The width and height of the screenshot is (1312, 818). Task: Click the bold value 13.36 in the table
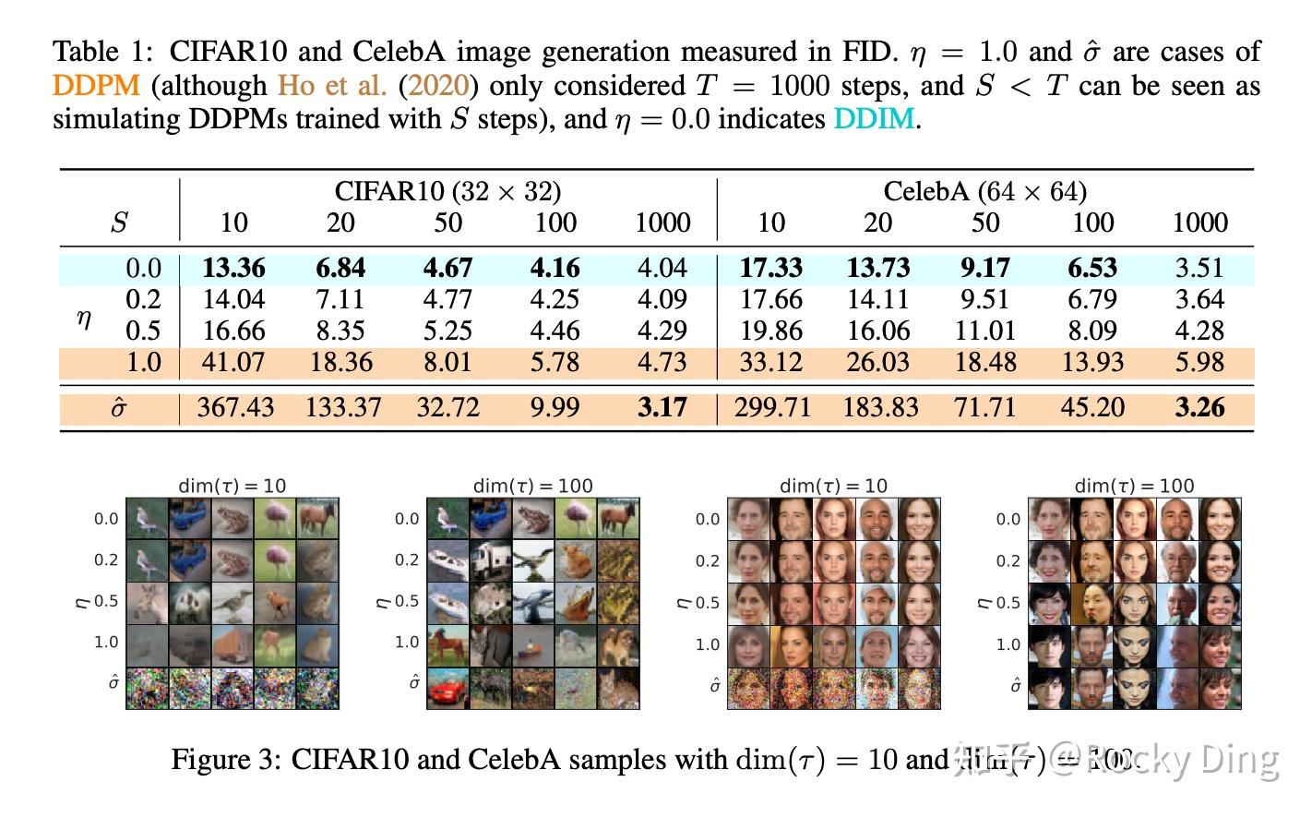coord(233,268)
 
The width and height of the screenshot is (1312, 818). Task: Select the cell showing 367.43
coord(235,407)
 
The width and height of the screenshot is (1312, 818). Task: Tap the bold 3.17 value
coord(662,407)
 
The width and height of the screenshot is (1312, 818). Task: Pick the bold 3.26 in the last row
coord(1199,407)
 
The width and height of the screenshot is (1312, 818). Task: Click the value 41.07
coord(233,362)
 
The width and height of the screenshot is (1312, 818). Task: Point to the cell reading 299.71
coord(772,407)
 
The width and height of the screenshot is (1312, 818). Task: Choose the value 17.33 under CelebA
coord(771,268)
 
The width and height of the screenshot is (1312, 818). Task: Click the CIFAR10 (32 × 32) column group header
coord(447,191)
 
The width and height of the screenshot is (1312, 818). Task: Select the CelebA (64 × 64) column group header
coord(984,191)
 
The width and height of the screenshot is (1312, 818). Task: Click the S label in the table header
coord(119,223)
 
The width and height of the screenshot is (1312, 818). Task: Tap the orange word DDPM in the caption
coord(96,86)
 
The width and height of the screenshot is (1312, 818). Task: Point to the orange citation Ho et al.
coord(332,86)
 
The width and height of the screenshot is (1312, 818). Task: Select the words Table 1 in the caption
coord(103,52)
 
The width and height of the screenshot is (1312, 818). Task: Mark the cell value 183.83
coord(880,407)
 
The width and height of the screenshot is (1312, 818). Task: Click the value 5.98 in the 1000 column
coord(1199,362)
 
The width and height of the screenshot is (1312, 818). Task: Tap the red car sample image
coord(447,689)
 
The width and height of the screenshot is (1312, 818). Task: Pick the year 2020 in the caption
coord(438,86)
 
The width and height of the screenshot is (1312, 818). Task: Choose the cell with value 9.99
coord(555,407)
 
